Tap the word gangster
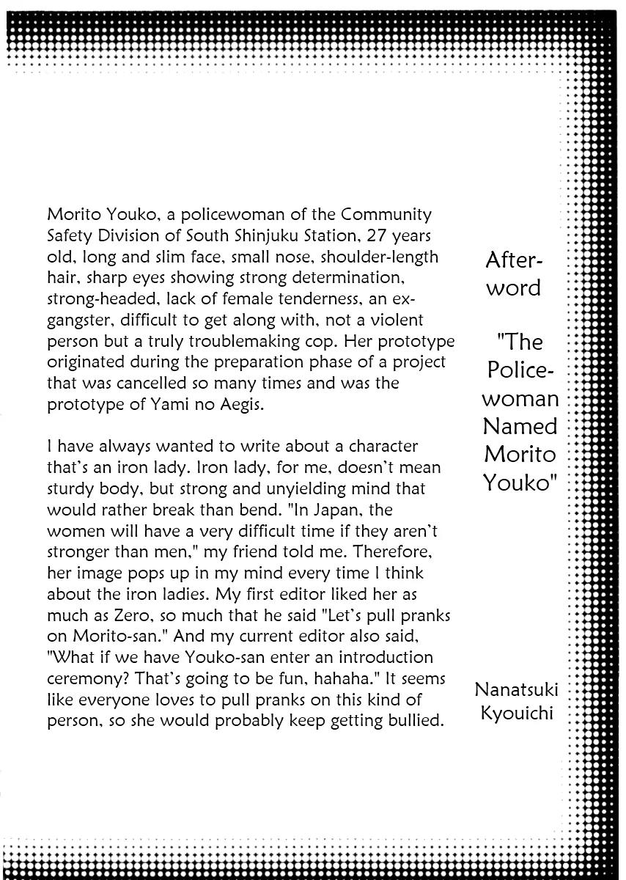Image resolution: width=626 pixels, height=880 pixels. pyautogui.click(x=78, y=321)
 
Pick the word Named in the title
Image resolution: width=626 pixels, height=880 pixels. pyautogui.click(x=520, y=426)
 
